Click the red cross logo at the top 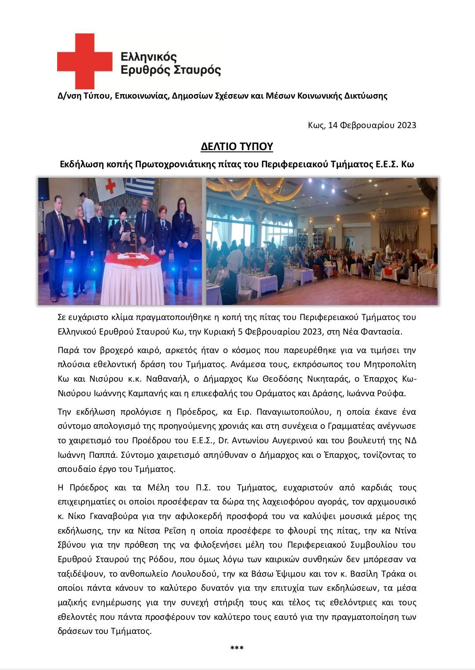pyautogui.click(x=84, y=61)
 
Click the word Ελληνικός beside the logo pyautogui.click(x=149, y=57)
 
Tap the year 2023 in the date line pyautogui.click(x=406, y=125)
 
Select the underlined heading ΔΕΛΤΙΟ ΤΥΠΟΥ pyautogui.click(x=237, y=147)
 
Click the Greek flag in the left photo pyautogui.click(x=140, y=187)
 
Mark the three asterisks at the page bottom pyautogui.click(x=237, y=648)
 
